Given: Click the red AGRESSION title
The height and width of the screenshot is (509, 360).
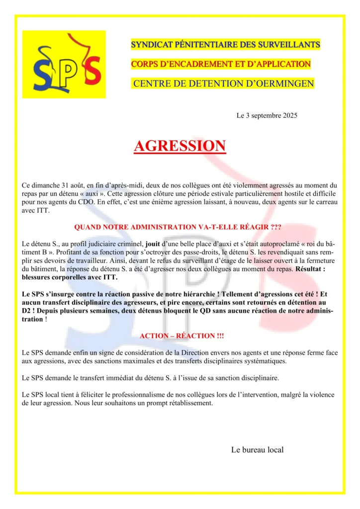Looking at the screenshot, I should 180,146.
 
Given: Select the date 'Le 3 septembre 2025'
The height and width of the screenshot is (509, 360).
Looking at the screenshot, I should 267,116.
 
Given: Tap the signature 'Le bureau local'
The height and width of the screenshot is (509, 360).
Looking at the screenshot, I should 257,450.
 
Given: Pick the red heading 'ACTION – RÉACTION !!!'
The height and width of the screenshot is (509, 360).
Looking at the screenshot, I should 181,336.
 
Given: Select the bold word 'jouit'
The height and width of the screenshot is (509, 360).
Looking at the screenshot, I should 153,244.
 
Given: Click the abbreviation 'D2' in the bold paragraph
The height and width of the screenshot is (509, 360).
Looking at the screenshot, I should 28,311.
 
